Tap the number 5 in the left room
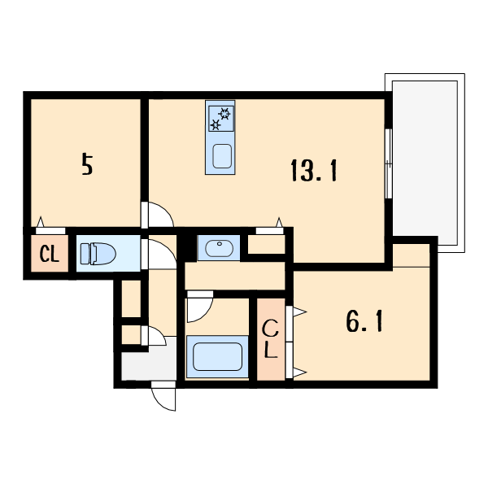coord(87,165)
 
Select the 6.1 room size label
coord(364,323)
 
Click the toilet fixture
coord(98,254)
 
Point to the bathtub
coord(216,358)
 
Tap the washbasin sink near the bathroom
coord(218,248)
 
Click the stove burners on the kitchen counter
coord(220,119)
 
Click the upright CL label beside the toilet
coord(50,255)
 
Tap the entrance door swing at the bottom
coord(164,396)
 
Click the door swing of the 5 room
coord(159,214)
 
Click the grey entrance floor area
coord(149,364)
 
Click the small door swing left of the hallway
coord(155,336)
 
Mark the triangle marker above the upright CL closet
coord(39,222)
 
